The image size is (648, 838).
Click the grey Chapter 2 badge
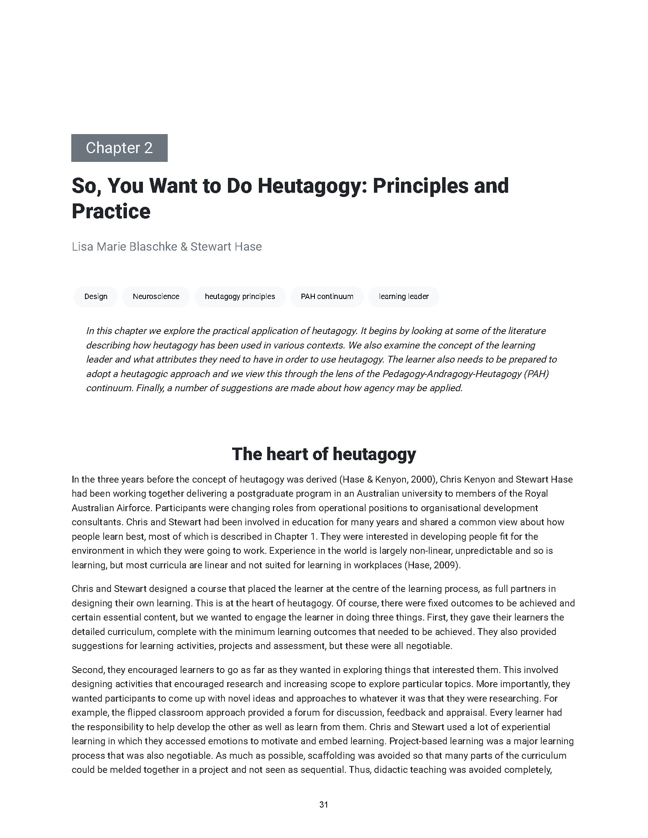119,148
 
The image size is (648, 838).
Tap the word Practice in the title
111,211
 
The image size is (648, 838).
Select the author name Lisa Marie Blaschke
124,246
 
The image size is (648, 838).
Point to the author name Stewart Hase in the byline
226,246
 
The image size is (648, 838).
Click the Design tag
96,296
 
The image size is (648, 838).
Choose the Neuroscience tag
156,296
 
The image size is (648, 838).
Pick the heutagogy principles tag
239,296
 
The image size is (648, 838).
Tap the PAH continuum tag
327,296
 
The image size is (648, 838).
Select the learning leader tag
403,296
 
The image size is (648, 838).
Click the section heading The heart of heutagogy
324,454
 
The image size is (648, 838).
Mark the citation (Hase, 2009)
432,565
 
